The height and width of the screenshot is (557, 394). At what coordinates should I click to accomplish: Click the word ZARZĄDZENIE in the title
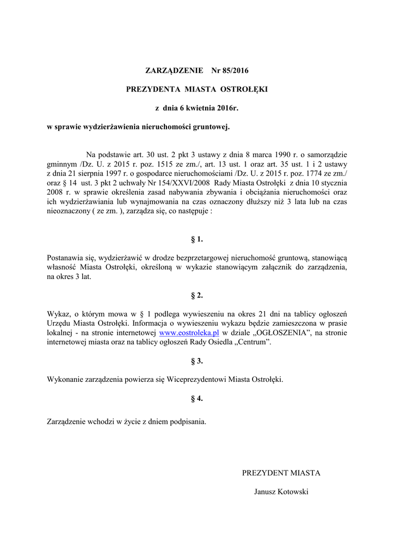(174, 70)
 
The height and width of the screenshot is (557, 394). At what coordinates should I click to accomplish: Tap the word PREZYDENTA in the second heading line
(153, 89)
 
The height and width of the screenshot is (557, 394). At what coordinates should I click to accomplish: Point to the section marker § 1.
(197, 239)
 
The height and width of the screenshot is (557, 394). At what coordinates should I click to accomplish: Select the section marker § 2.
(197, 295)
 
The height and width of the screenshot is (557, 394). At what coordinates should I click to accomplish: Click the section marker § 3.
(197, 361)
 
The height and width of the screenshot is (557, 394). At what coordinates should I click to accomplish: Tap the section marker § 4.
(197, 398)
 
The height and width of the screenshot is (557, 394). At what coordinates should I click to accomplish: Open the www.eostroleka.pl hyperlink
(189, 332)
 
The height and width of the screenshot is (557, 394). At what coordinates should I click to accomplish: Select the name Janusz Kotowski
(281, 492)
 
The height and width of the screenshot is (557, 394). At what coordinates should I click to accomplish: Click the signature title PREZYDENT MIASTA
(281, 473)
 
